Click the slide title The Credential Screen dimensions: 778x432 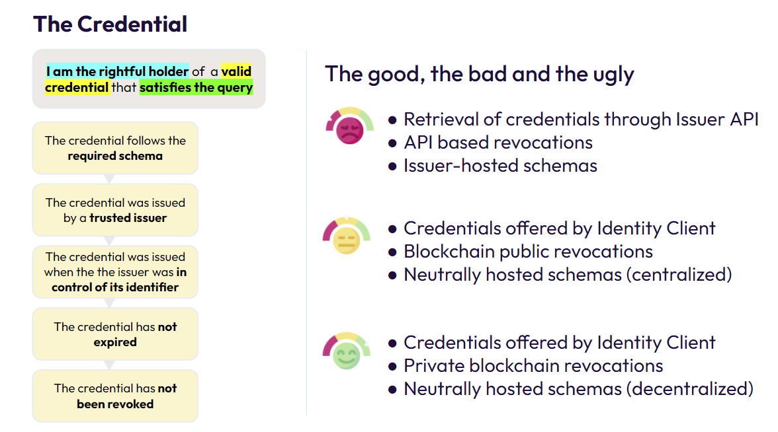tap(110, 24)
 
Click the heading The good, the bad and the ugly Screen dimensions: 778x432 tap(479, 74)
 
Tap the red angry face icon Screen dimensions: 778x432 tap(349, 126)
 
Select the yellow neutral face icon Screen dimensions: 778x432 tap(347, 236)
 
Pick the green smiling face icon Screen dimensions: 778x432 tap(347, 351)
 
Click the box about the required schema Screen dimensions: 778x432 tap(115, 148)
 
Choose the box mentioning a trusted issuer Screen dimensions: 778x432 tap(115, 210)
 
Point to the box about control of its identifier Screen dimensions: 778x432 tap(115, 272)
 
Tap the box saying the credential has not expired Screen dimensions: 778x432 tap(115, 334)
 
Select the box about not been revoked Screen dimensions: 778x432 tap(115, 396)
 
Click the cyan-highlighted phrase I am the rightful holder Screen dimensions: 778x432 tap(117, 71)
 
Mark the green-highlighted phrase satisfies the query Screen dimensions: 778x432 tap(196, 87)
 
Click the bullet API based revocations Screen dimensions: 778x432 tap(498, 143)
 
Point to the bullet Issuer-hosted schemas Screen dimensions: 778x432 tap(500, 165)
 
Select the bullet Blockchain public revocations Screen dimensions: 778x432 tap(528, 252)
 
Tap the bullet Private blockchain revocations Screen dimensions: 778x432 tap(533, 366)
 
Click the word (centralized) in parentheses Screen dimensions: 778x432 tap(679, 275)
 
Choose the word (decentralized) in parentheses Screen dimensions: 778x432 tap(689, 389)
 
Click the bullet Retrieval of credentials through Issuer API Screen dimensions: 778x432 tap(581, 120)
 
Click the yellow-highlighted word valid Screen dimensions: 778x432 tap(236, 71)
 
